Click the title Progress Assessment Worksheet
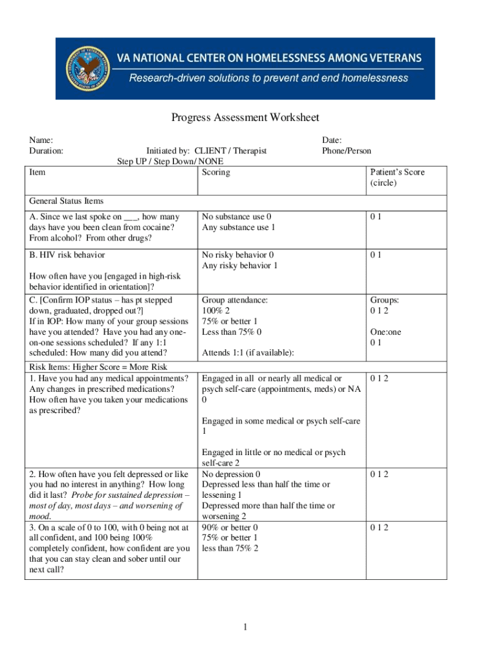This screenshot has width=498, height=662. click(x=245, y=118)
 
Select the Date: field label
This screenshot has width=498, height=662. click(x=332, y=140)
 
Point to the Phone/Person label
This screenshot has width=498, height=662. click(x=347, y=151)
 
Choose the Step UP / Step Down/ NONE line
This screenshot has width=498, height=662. click(x=170, y=161)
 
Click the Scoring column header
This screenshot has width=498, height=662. click(x=215, y=172)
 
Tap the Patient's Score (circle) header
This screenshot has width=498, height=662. click(x=397, y=177)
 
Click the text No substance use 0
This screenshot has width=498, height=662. click(x=237, y=217)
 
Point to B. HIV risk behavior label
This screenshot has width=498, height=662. click(x=67, y=255)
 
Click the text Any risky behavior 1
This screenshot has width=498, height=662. click(x=239, y=265)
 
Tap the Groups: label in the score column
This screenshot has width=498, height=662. click(x=384, y=300)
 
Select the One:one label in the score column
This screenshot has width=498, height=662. click(x=385, y=332)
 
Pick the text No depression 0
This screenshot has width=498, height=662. click(x=231, y=474)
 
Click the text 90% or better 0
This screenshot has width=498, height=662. click(x=230, y=527)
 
